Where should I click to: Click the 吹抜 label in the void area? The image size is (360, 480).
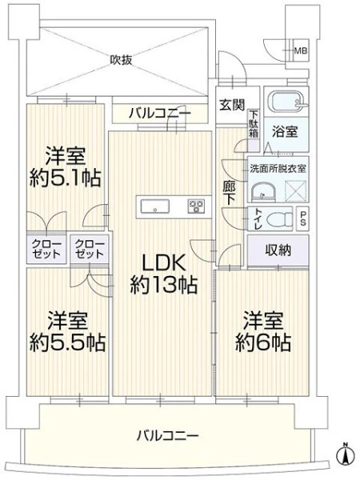(122, 60)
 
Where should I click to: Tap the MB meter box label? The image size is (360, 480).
(300, 51)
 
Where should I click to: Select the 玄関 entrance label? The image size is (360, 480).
(232, 105)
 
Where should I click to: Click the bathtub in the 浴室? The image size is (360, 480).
(287, 102)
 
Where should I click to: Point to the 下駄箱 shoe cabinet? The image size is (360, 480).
(254, 130)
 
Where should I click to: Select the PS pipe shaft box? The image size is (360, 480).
(302, 218)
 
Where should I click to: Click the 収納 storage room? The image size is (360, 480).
(278, 250)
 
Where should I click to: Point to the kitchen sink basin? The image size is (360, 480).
(155, 206)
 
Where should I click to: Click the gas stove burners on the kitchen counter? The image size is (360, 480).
(196, 206)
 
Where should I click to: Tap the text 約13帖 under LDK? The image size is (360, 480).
(163, 286)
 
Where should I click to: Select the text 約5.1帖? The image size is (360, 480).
(65, 178)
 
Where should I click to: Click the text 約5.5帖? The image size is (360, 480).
(67, 343)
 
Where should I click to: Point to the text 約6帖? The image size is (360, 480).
(263, 343)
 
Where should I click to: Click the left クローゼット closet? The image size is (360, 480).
(46, 249)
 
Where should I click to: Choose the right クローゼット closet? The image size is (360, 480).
(90, 249)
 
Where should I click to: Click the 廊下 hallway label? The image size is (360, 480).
(230, 193)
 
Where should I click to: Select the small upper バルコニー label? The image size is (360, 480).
(160, 114)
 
